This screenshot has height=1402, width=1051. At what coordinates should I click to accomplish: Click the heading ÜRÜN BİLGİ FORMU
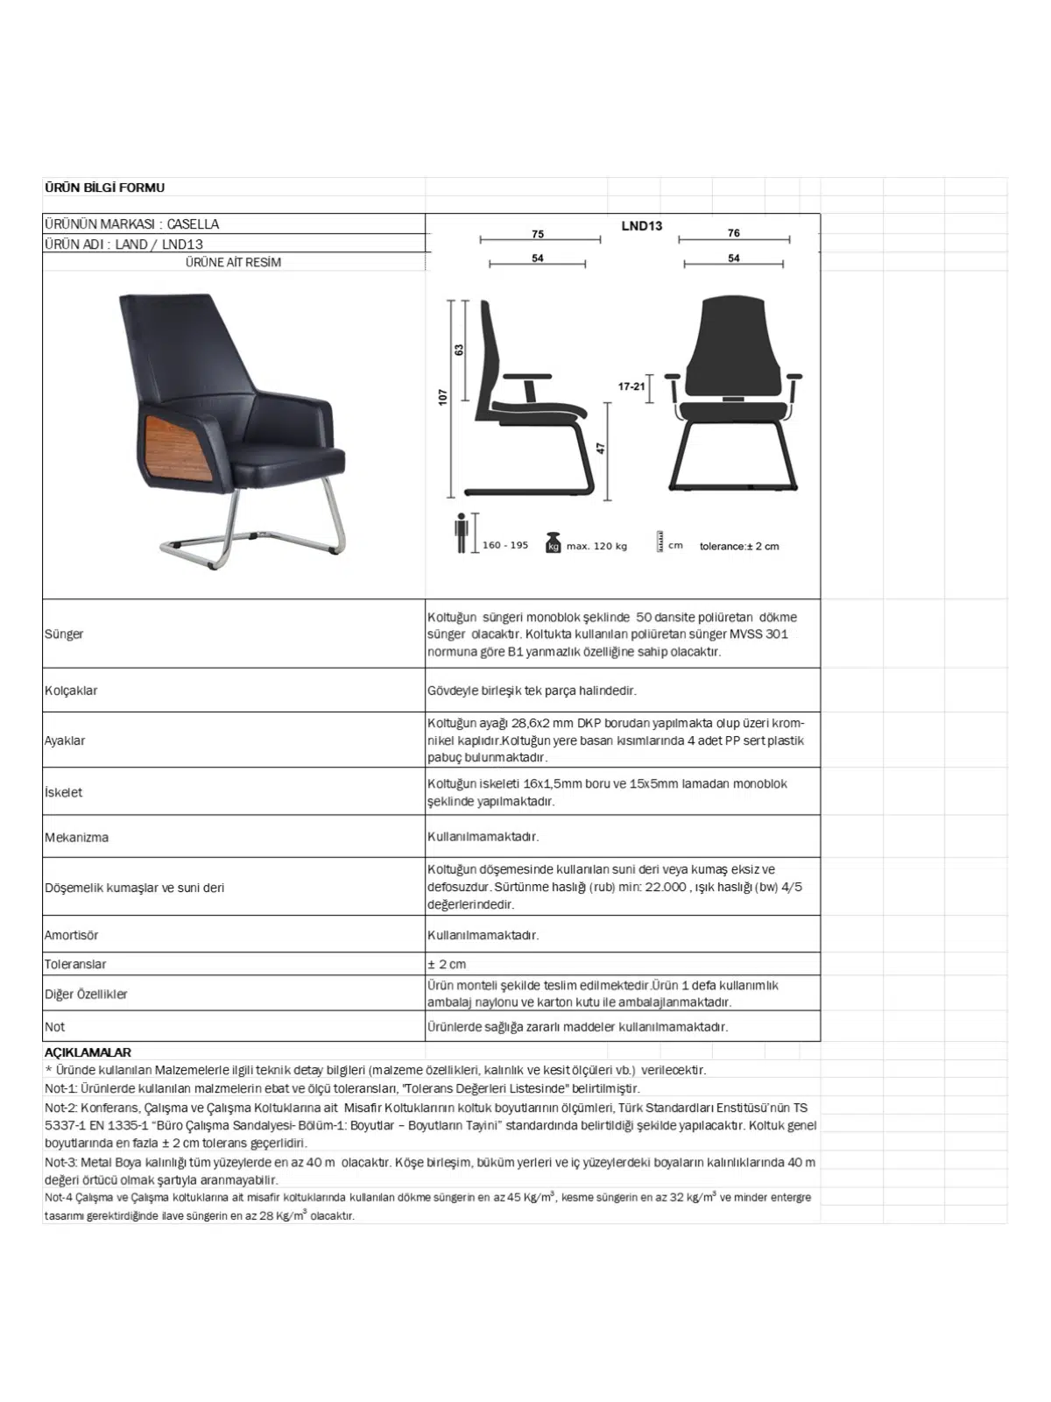(104, 188)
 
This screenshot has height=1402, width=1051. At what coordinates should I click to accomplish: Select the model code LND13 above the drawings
(642, 226)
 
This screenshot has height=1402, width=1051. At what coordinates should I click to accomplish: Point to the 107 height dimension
(443, 397)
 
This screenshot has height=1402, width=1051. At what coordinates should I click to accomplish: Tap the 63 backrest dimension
(459, 350)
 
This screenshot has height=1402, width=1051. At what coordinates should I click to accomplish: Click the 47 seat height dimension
(602, 448)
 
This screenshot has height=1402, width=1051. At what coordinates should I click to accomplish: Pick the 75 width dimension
(538, 234)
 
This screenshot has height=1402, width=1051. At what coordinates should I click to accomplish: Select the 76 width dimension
(734, 233)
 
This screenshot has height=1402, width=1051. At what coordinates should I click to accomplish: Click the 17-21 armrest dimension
(631, 386)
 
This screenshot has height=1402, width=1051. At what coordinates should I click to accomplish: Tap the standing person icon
(461, 533)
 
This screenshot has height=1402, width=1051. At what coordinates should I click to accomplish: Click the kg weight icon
(553, 542)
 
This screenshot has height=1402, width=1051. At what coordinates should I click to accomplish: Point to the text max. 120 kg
(596, 546)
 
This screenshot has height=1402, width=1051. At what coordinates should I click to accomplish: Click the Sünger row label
(64, 634)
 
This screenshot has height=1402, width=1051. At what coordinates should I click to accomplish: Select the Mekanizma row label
(77, 838)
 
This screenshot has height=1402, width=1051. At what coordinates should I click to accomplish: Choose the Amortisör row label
(72, 935)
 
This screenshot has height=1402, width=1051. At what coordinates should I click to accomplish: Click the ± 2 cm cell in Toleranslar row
(447, 964)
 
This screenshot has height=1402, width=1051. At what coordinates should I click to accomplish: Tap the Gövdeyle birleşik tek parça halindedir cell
(532, 690)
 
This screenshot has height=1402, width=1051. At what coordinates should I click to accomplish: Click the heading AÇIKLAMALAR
(88, 1052)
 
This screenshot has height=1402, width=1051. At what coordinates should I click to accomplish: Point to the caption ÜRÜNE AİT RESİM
(233, 262)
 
